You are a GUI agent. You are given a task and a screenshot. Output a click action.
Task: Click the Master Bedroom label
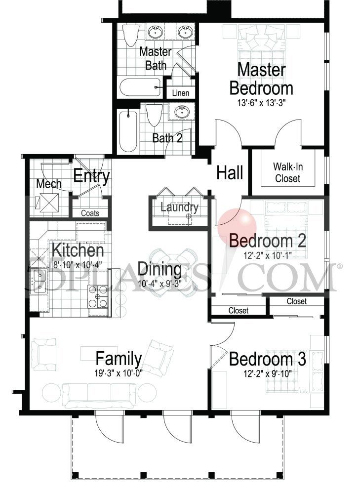coord(261,79)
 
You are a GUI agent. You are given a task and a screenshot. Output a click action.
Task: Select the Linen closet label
coord(180,93)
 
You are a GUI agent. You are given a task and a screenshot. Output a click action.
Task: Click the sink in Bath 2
coord(181,112)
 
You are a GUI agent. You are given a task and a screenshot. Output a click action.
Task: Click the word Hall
coord(230,173)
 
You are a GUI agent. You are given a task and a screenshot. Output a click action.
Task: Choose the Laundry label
coord(179,207)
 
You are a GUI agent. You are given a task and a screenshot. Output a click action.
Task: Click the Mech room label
coord(49,184)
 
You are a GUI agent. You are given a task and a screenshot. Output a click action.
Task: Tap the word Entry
coord(91,176)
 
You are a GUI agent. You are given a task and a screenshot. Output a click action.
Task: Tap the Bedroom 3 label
coord(267,359)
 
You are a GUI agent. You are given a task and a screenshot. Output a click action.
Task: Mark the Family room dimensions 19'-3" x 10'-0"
coord(119,373)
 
